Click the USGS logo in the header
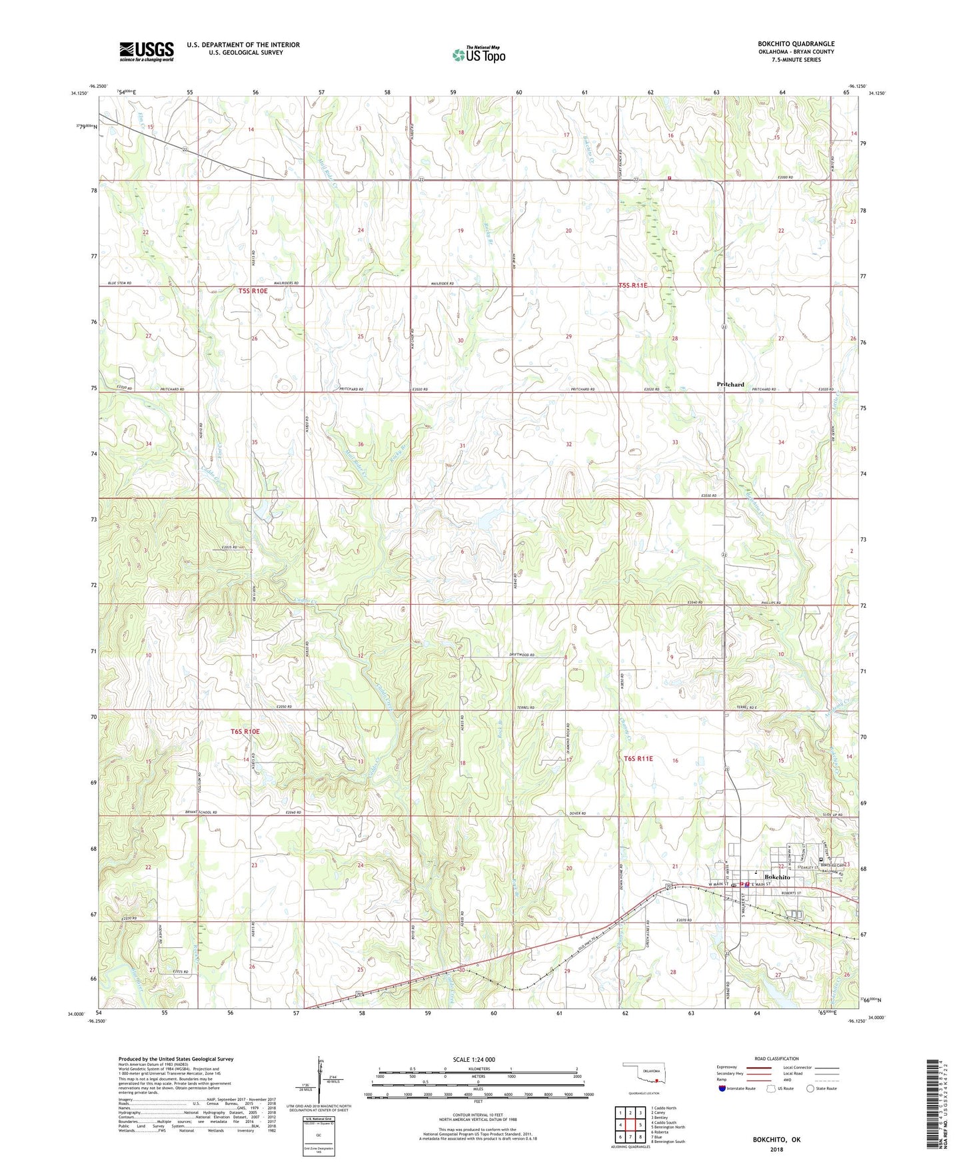click(x=147, y=51)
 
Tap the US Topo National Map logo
click(x=479, y=54)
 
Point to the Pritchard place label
click(x=730, y=384)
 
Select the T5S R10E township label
click(x=253, y=291)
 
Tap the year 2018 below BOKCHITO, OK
click(x=776, y=1148)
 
